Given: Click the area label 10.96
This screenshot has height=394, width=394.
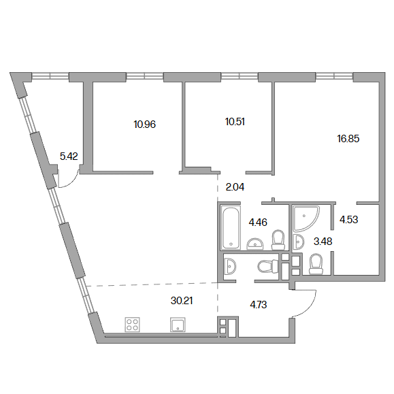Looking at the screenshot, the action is click(145, 125).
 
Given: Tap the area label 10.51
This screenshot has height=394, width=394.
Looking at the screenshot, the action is click(235, 122).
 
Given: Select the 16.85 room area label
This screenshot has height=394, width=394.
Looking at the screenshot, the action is click(348, 139).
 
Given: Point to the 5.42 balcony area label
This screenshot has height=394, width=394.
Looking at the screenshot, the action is click(69, 157).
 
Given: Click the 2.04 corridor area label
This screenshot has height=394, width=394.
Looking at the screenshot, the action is click(235, 187).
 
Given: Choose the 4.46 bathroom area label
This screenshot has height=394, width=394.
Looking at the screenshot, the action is click(258, 223).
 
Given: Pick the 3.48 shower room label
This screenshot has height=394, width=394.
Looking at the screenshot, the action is click(323, 242).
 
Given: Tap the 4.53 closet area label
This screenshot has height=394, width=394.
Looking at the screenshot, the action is click(349, 220).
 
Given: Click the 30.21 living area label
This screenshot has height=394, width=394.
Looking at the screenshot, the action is click(182, 301).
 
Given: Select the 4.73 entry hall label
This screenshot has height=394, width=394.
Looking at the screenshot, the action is click(259, 305).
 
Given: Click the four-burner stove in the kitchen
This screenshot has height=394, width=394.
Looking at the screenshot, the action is click(133, 325).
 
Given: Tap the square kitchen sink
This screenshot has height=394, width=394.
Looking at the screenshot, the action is click(178, 325).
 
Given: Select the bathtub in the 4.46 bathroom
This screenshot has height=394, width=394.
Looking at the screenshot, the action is click(231, 227).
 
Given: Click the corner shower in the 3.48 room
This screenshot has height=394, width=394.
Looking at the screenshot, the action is click(306, 218).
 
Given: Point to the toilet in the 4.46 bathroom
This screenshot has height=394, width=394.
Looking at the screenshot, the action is click(278, 240).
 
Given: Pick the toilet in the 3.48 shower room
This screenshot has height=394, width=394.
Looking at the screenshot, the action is click(316, 264).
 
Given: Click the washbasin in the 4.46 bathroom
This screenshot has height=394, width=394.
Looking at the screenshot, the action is click(255, 244).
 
